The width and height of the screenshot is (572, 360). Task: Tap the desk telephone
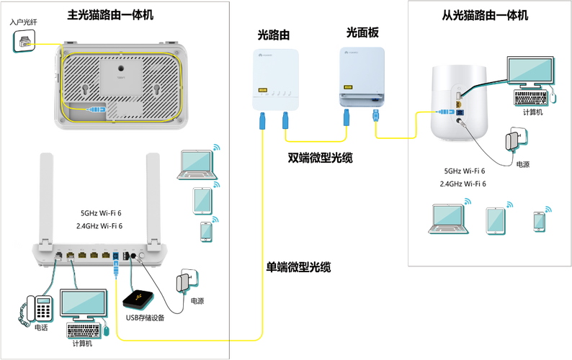coord(37,307)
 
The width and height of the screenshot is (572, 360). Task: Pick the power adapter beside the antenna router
coord(189,281)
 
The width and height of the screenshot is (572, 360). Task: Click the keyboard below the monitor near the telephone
coord(84,330)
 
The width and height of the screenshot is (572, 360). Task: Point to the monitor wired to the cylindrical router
coord(530,73)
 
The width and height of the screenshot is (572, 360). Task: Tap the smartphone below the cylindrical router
coord(538,221)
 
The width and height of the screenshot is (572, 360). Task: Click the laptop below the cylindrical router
coord(447,219)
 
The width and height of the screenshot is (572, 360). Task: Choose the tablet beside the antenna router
coord(202,199)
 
